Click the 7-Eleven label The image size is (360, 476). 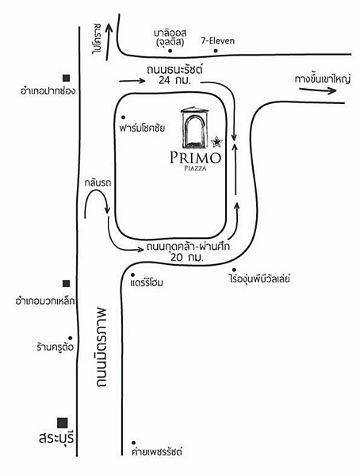pos(217,40)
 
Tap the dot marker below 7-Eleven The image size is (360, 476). pos(216,51)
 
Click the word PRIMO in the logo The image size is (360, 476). pos(195,158)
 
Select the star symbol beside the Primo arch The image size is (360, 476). pos(216,141)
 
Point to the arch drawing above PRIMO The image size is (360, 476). pos(194,127)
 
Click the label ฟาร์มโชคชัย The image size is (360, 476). pos(142,128)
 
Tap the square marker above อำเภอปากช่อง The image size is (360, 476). pos(66,78)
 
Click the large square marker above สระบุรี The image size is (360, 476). pos(63,423)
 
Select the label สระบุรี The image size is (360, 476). pos(56,439)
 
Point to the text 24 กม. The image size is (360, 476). pos(174,81)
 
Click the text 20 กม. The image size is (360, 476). pos(186,258)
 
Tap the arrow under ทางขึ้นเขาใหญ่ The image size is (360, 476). pos(317,90)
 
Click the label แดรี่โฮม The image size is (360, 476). pos(147,283)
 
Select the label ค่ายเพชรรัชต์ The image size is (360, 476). pos(157,451)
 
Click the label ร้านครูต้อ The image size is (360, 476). pos(55,347)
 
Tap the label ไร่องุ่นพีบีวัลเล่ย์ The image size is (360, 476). pos(259,278)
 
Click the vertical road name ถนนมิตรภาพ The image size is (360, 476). pos(101,347)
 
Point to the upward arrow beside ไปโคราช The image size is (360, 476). pos(109,41)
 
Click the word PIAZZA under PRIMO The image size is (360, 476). pos(195,168)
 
